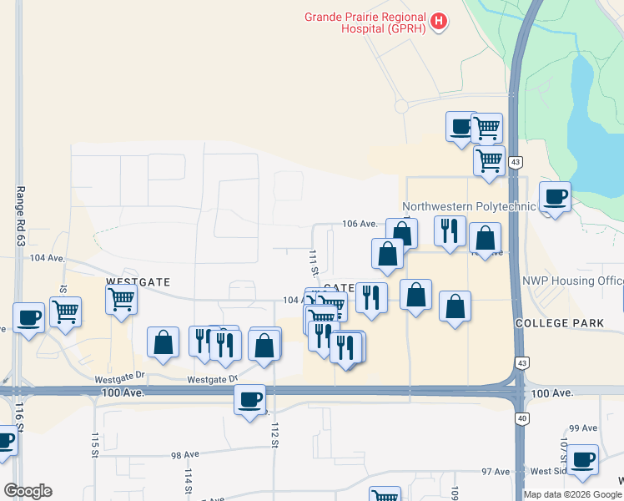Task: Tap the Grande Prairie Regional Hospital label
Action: point(365,23)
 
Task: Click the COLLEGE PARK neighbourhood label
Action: point(552,322)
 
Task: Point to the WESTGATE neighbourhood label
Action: point(138,283)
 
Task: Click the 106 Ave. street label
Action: point(360,224)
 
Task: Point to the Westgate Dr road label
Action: point(120,377)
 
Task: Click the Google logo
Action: point(28,491)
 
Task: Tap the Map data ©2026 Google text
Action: point(573,494)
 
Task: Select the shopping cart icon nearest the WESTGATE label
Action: point(121,298)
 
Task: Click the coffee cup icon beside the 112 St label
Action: point(249,399)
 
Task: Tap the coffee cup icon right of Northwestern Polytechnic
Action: point(555,196)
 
